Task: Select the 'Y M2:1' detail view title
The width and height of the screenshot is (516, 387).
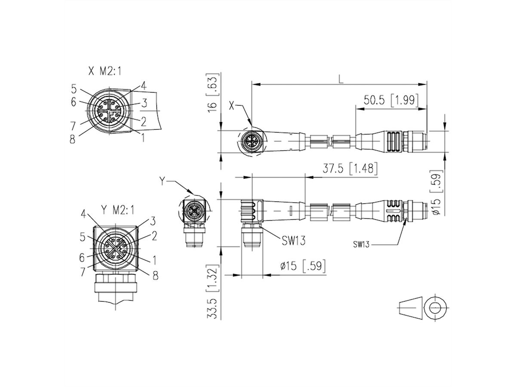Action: [x=117, y=210]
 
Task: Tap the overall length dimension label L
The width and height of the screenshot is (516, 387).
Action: [x=341, y=79]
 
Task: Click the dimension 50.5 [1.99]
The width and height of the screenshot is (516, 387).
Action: [x=390, y=101]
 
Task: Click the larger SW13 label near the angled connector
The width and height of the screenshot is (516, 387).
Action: [x=294, y=241]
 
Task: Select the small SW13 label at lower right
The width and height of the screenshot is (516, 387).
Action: [x=362, y=244]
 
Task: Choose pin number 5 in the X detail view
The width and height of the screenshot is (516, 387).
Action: [x=74, y=89]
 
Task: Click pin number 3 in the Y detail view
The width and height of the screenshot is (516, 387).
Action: [x=152, y=221]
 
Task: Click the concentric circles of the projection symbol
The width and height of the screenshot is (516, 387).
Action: [x=435, y=308]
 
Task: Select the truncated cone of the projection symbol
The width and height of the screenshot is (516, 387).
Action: [x=409, y=308]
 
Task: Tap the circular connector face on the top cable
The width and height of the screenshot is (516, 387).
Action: [x=250, y=141]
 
